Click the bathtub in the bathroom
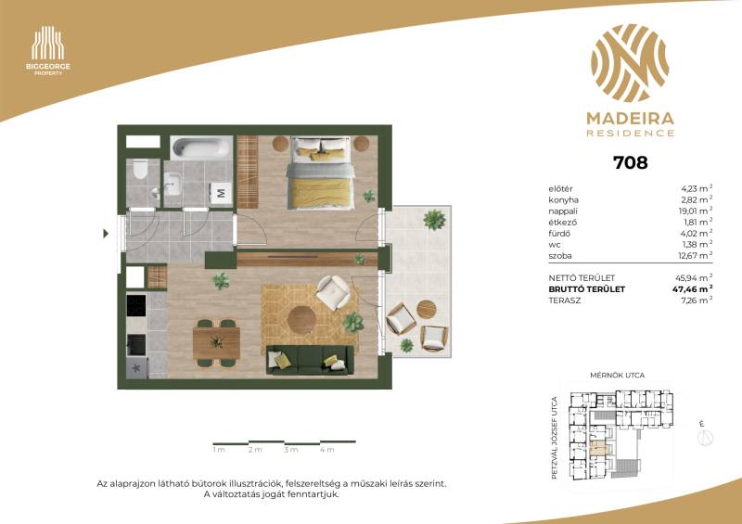(201, 147)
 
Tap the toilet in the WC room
(141, 170)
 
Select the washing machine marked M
(221, 192)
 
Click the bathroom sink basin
(173, 184)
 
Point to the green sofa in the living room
(310, 360)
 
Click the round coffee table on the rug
(302, 320)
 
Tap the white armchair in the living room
(333, 292)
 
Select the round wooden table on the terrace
(427, 309)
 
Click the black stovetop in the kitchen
(136, 305)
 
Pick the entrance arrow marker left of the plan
(106, 234)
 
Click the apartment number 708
(631, 163)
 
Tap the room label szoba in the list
(560, 256)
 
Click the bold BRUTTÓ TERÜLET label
(587, 289)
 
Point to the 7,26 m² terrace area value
(697, 300)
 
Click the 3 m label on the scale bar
(291, 450)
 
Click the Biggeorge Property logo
(48, 51)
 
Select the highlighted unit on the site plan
(598, 447)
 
